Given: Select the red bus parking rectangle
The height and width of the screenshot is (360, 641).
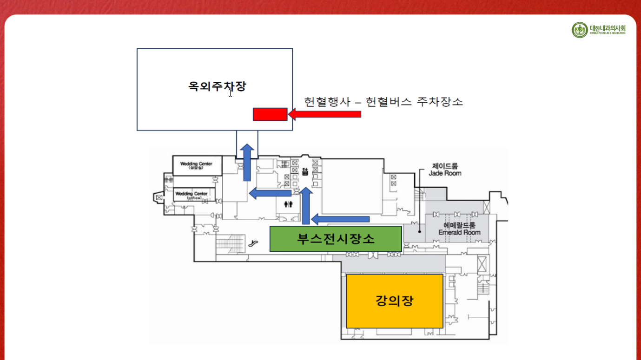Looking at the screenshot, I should [270, 114].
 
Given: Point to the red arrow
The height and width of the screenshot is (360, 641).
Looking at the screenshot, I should [324, 114].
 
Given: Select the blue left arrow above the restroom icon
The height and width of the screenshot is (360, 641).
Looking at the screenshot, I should [270, 193].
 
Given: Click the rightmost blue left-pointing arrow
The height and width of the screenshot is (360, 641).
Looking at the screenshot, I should [340, 219].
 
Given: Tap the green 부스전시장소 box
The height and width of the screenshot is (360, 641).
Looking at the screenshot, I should [336, 239].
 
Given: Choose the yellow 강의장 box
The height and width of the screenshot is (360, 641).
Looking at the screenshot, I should [394, 301].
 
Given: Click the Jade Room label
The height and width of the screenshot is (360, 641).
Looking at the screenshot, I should [445, 170].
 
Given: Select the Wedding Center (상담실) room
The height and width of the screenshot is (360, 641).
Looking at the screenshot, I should [197, 166].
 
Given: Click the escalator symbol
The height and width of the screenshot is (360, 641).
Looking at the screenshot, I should [253, 243].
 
